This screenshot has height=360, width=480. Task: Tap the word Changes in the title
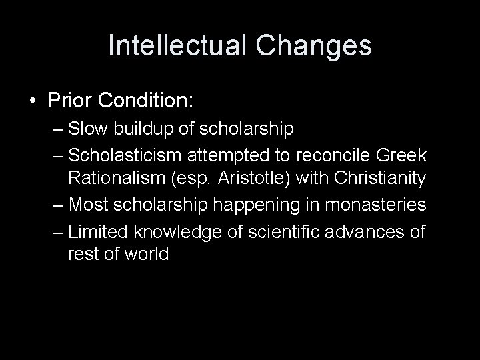pyautogui.click(x=315, y=46)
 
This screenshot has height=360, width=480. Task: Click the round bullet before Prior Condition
pyautogui.click(x=33, y=101)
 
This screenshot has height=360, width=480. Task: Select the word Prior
pyautogui.click(x=71, y=101)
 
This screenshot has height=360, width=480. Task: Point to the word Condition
pyautogui.click(x=147, y=101)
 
